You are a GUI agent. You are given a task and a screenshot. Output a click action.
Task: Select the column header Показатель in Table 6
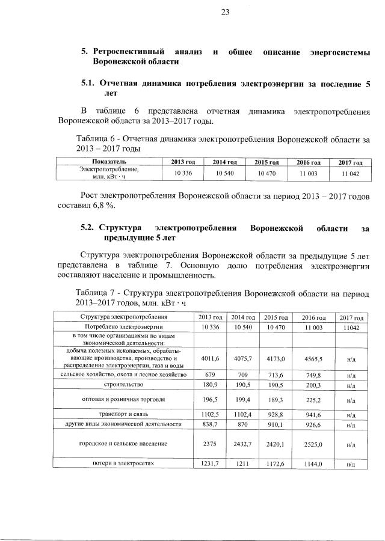click(109, 162)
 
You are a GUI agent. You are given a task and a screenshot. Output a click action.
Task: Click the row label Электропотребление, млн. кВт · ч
click(109, 173)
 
